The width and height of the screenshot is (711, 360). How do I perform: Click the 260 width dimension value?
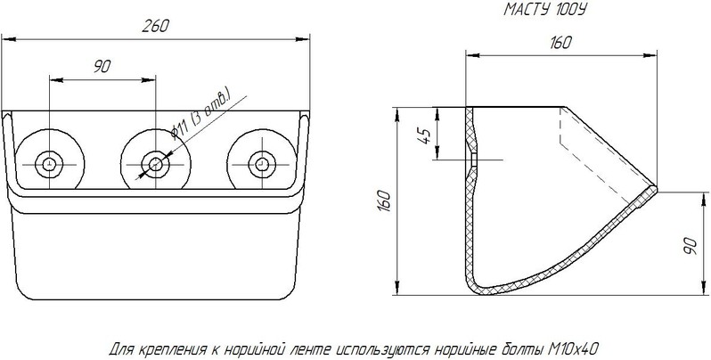pos(155,26)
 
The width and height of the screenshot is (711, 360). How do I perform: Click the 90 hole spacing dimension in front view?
pos(102,67)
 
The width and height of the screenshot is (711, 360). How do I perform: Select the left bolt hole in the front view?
pos(49,164)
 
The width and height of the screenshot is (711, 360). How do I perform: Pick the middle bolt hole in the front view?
pos(156,164)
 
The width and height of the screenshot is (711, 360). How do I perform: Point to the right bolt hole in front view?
pos(262,164)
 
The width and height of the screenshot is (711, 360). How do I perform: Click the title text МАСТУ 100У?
pos(544,10)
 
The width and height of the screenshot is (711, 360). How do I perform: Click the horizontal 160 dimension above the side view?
pos(561,43)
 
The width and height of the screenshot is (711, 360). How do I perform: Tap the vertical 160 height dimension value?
pos(384,200)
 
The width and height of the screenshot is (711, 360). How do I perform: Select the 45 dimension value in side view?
pos(425,135)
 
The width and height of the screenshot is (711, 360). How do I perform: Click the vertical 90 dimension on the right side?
pos(691,245)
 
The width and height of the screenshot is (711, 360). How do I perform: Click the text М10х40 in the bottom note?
pos(573,349)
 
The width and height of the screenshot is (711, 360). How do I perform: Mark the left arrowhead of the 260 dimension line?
pos(9,39)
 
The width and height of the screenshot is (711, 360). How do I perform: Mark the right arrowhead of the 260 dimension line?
pos(302,39)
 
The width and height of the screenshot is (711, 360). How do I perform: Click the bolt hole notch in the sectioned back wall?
pos(472,160)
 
